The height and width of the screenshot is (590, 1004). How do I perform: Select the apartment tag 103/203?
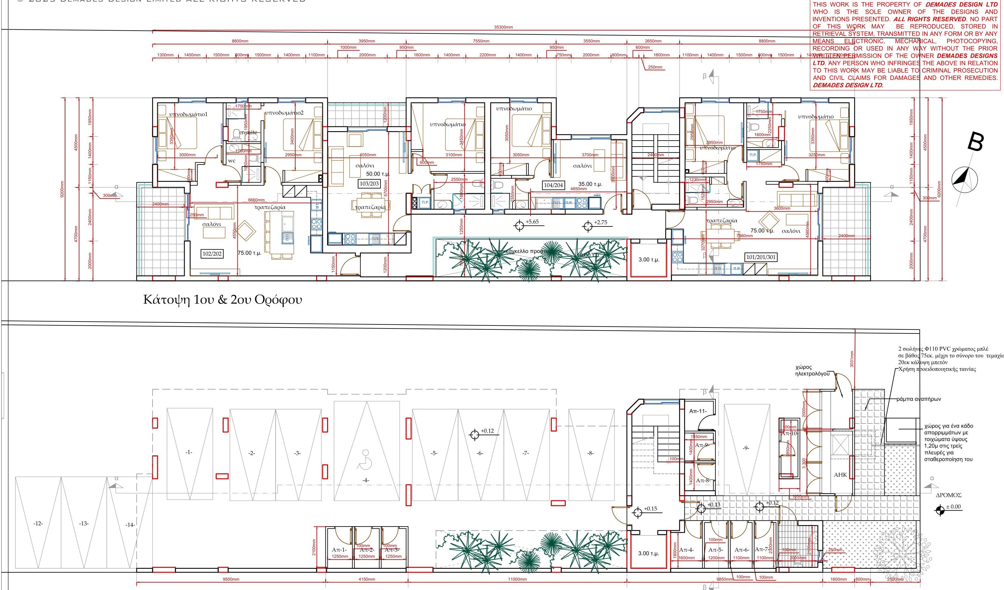click(369, 184)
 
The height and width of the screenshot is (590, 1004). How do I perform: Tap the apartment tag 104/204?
click(553, 185)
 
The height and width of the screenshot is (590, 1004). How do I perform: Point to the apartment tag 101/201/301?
click(761, 257)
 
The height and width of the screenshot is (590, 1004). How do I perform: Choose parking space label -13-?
click(84, 523)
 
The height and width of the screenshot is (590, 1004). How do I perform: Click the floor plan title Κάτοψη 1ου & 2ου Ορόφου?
click(222, 300)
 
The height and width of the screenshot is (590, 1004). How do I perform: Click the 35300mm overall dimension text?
click(503, 27)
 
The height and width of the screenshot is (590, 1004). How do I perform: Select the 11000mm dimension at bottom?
click(517, 579)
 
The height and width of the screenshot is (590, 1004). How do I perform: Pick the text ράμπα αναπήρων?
click(919, 399)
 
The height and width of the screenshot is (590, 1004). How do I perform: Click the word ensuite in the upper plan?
click(248, 132)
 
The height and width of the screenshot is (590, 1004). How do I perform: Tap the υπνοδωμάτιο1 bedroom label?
click(188, 114)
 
